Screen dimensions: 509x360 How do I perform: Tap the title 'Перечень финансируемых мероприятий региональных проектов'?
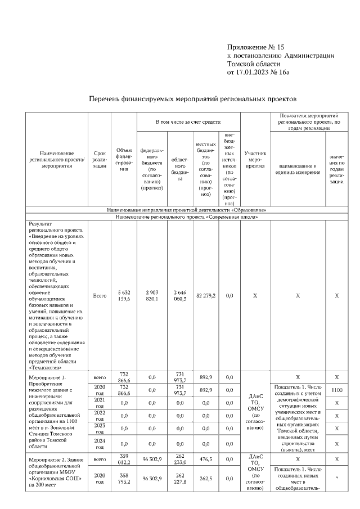(193, 99)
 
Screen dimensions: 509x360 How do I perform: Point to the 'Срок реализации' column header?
(99, 160)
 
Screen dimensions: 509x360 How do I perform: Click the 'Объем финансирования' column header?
(124, 160)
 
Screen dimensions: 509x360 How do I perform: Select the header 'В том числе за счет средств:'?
(188, 121)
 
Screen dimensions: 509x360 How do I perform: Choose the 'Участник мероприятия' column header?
(255, 160)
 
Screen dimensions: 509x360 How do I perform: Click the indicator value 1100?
(336, 389)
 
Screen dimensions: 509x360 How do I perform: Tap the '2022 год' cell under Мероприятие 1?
(99, 416)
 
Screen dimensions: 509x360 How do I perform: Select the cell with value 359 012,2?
(124, 460)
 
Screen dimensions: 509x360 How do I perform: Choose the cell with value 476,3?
(206, 460)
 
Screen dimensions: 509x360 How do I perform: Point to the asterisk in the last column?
(336, 478)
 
